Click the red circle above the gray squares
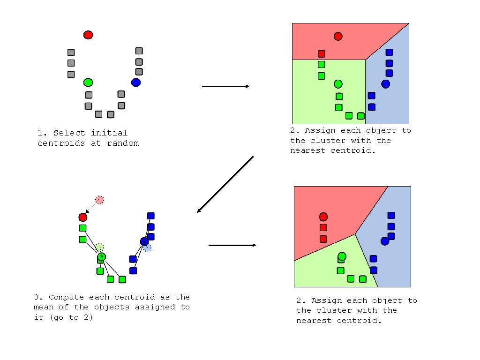click(x=88, y=35)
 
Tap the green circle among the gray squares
click(x=88, y=82)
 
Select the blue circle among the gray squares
click(x=136, y=82)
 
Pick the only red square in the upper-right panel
click(x=321, y=54)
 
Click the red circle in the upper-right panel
click(x=338, y=36)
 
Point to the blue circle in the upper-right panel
click(x=385, y=84)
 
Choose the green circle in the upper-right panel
click(x=338, y=84)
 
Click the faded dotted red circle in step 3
click(x=99, y=200)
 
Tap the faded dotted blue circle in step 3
click(x=147, y=247)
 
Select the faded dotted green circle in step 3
click(x=99, y=247)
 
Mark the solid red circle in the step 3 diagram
click(x=83, y=217)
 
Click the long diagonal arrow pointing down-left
click(x=225, y=184)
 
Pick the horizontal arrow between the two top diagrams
click(x=225, y=86)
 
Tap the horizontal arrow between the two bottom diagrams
click(x=232, y=245)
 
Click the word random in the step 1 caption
click(x=123, y=143)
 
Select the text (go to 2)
click(x=71, y=318)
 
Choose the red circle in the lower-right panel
click(x=323, y=217)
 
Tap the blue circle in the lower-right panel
click(x=385, y=241)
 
